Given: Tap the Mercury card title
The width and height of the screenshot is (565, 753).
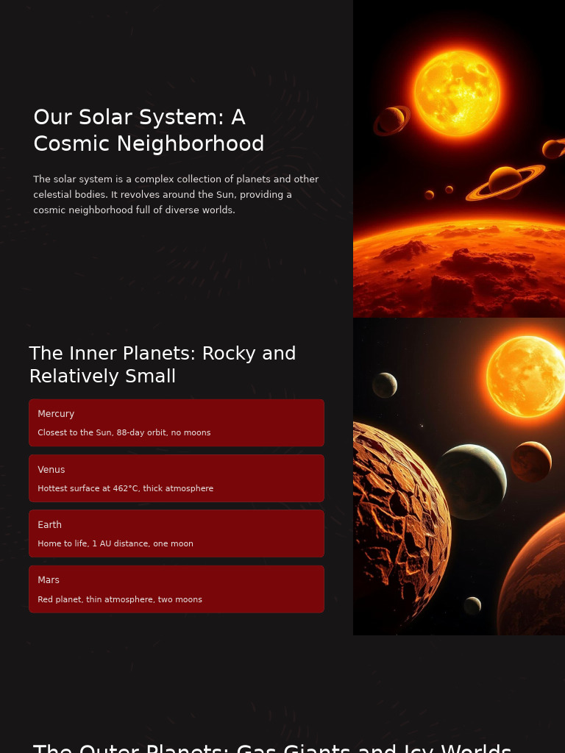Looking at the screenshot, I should click(56, 414).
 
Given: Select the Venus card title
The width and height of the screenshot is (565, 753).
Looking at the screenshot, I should click(51, 470).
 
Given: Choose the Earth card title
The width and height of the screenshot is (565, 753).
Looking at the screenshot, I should click(50, 525).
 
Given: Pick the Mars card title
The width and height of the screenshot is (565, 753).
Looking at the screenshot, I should click(49, 580).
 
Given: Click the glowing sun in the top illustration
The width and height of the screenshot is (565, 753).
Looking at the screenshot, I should click(457, 93).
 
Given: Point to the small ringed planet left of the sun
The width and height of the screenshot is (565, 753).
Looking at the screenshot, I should click(391, 120).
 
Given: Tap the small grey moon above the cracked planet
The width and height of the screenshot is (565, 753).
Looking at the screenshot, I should click(385, 385).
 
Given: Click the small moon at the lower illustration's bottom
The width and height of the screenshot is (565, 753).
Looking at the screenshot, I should click(472, 605).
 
